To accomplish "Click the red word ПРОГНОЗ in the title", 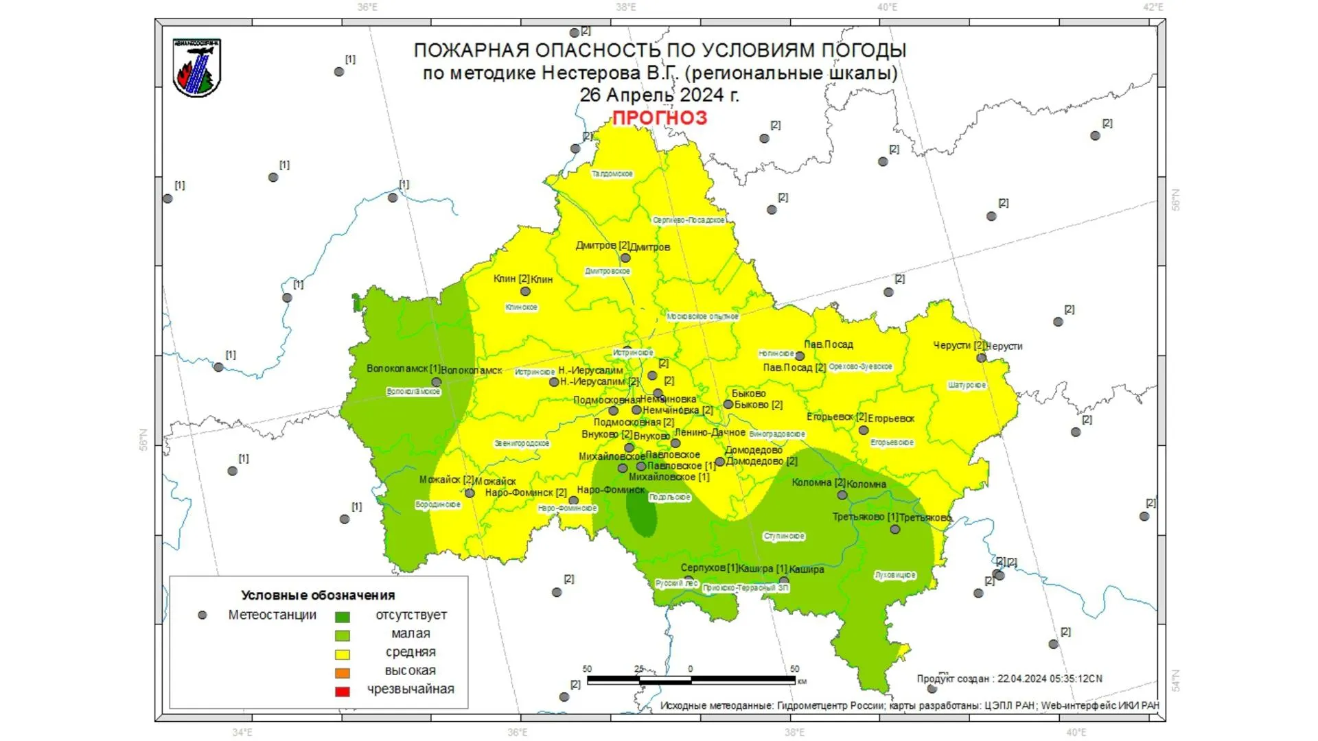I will (x=659, y=118).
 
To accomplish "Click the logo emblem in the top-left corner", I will (x=197, y=67).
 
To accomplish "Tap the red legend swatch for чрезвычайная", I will (x=342, y=692).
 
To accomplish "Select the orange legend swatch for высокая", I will (x=342, y=673).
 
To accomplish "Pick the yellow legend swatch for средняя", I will (x=342, y=655).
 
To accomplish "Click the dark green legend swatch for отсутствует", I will (x=342, y=617).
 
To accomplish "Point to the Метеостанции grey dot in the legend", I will (x=203, y=615).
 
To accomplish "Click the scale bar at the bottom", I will (x=691, y=680).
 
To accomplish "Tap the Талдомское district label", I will (x=612, y=174).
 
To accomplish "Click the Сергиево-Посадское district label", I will (x=689, y=220).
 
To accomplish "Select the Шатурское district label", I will (x=967, y=386).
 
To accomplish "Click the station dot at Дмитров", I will (x=625, y=259).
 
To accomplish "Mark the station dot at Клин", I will (x=525, y=292).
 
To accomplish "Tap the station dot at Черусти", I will (x=981, y=358).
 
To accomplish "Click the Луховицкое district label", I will (x=895, y=575).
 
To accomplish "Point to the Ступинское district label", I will (x=784, y=537).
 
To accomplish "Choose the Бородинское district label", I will (x=438, y=505).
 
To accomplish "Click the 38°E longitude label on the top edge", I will (x=625, y=8).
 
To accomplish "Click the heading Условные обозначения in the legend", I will (x=318, y=596).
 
